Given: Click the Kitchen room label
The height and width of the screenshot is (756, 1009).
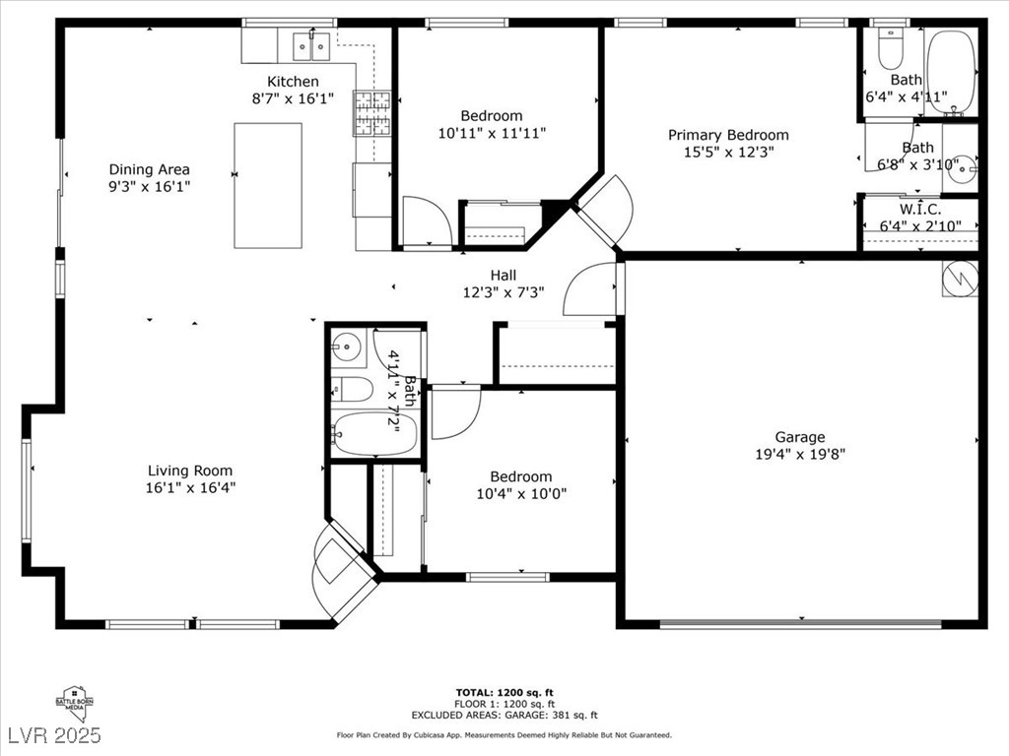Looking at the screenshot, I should [293, 82].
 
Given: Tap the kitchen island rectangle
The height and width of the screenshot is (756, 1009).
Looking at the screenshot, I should [267, 185].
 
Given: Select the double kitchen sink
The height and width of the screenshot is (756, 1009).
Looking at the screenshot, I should [311, 45].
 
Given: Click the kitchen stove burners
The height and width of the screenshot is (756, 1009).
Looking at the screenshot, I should [371, 112].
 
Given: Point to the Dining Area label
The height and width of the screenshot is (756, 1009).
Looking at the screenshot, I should [149, 169].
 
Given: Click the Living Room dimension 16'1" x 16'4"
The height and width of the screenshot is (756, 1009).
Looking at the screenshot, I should [190, 487].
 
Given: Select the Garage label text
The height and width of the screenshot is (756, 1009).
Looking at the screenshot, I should [799, 437].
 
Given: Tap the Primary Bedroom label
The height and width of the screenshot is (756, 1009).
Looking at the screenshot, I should [728, 135].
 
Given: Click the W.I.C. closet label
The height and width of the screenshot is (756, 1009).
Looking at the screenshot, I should [919, 210].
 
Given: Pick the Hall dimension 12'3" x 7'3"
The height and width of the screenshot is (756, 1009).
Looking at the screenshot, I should [504, 292].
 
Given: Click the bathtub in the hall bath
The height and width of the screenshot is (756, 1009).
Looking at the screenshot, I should [374, 433].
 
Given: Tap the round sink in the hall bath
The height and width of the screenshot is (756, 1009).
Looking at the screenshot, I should [346, 346].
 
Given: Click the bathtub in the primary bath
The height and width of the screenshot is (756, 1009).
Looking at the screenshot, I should [951, 71].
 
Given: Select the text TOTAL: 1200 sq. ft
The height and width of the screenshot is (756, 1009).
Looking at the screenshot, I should [504, 692].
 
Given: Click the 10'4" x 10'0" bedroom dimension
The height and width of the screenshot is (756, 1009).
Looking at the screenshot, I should [521, 494].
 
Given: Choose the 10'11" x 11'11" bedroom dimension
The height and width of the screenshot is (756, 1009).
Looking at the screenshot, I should [492, 132].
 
